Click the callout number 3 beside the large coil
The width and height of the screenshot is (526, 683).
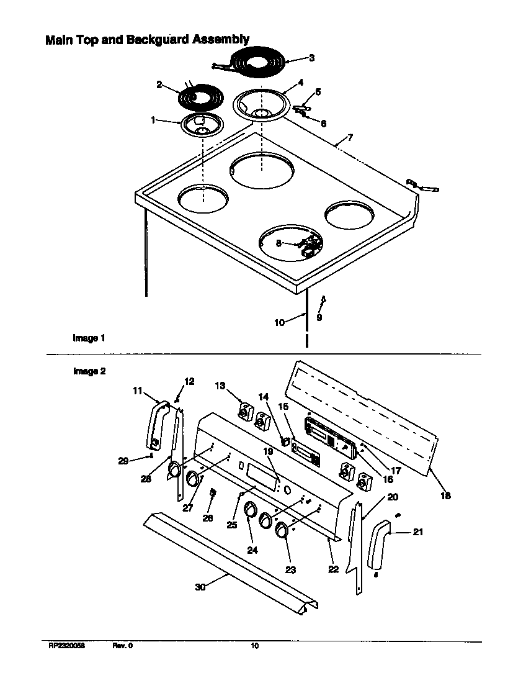tap(311, 58)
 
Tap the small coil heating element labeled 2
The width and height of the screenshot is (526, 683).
tap(197, 98)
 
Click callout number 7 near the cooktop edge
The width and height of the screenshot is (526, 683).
tap(350, 136)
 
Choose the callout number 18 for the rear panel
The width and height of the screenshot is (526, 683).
tap(445, 495)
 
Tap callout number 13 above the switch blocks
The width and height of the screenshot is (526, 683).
tap(220, 387)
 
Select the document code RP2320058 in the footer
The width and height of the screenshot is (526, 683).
tap(66, 646)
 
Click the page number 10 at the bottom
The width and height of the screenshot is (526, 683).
tap(254, 646)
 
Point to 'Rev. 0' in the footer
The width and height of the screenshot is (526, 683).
tap(122, 646)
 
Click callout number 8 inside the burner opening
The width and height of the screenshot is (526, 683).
tap(279, 243)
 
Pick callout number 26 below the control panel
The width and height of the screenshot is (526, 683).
tap(207, 518)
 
